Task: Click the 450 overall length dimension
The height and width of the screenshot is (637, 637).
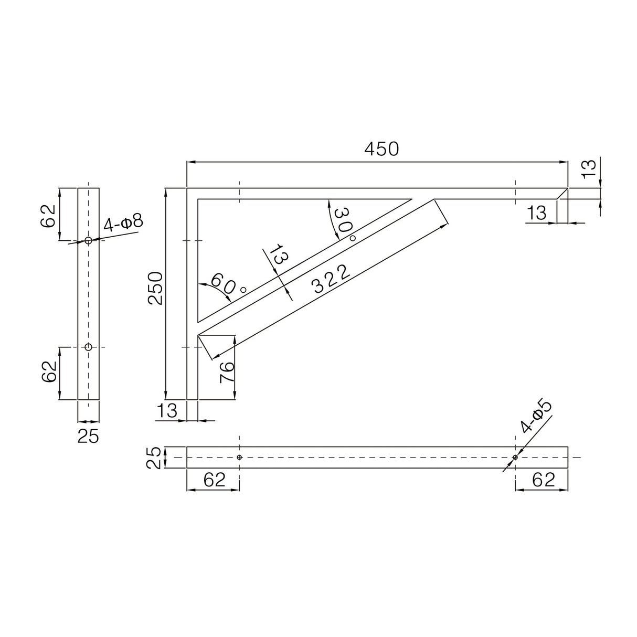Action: tap(381, 150)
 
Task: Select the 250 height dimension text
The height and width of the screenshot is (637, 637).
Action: tap(156, 288)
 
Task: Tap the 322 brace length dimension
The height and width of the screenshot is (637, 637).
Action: tap(331, 279)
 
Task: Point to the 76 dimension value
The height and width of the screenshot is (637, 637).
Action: tap(226, 373)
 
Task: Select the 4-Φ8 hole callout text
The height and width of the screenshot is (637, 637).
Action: tap(123, 222)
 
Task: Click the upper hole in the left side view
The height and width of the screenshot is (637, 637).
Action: tap(88, 240)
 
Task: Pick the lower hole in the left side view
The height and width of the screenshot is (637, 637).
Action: tap(88, 347)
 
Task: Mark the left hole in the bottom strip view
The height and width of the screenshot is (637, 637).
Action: tap(239, 457)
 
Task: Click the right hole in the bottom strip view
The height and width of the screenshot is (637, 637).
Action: tap(515, 457)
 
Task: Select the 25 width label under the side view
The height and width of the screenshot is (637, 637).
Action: tap(88, 436)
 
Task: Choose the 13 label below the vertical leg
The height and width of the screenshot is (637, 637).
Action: tap(167, 410)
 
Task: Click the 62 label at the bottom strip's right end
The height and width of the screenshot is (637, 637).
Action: tap(543, 479)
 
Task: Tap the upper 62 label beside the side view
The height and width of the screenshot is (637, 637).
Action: tap(49, 215)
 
